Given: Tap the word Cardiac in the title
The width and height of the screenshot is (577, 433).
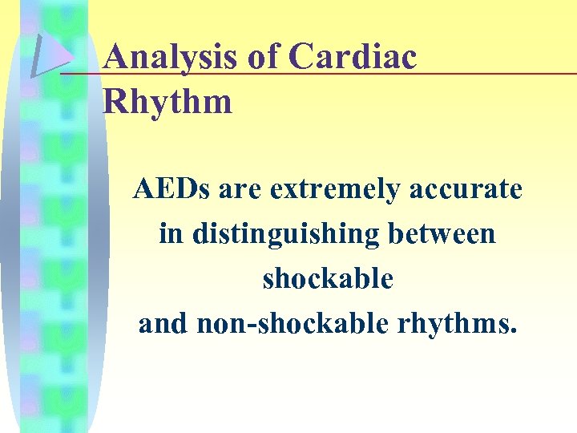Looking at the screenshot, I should point(353,57).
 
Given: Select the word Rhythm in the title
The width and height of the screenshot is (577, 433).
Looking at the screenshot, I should point(168,102).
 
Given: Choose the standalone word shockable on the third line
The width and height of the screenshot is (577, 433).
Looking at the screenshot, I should point(328,279).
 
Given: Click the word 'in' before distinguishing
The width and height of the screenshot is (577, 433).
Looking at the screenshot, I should point(170,234).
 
